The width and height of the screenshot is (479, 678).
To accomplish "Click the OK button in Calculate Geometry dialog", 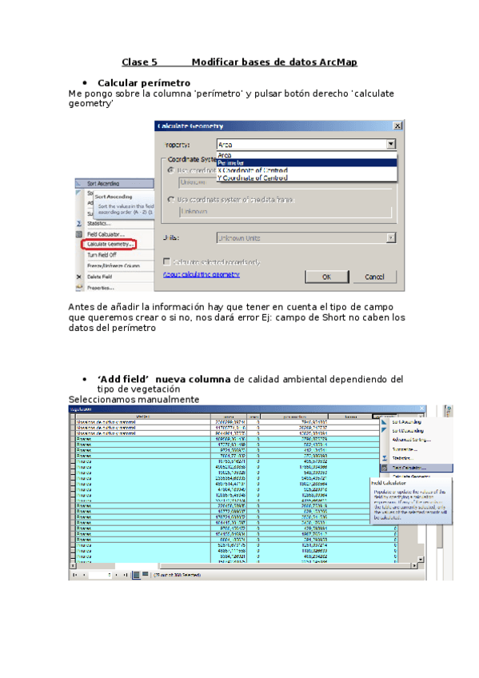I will pos(326,277).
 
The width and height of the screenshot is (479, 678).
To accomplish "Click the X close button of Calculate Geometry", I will pos(397,126).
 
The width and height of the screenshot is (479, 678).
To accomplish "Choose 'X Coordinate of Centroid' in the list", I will pos(253,170).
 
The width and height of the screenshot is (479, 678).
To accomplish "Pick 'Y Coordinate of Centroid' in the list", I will pos(253,178).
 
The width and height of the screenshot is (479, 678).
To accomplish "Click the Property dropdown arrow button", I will pos(390,145).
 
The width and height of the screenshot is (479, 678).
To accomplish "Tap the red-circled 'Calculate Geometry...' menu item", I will pos(110,244).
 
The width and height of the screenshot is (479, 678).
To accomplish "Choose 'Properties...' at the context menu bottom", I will pos(101,287).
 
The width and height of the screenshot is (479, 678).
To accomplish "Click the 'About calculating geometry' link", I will pos(202,273).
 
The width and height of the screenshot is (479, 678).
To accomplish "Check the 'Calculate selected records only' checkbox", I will pos(166,261).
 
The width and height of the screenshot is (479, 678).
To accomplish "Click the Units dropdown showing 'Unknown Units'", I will pos(306,237).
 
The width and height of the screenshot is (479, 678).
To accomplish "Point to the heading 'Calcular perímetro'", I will pos(143,82).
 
